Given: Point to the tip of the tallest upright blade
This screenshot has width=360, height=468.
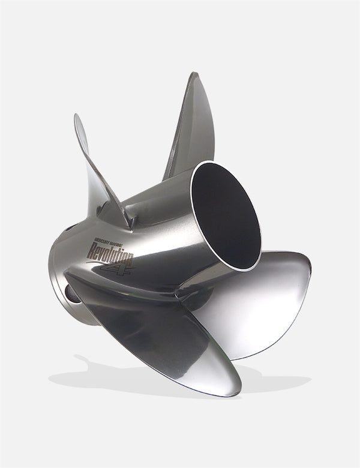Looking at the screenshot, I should [194, 74].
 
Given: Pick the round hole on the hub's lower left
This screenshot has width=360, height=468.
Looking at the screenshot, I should [70, 293].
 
